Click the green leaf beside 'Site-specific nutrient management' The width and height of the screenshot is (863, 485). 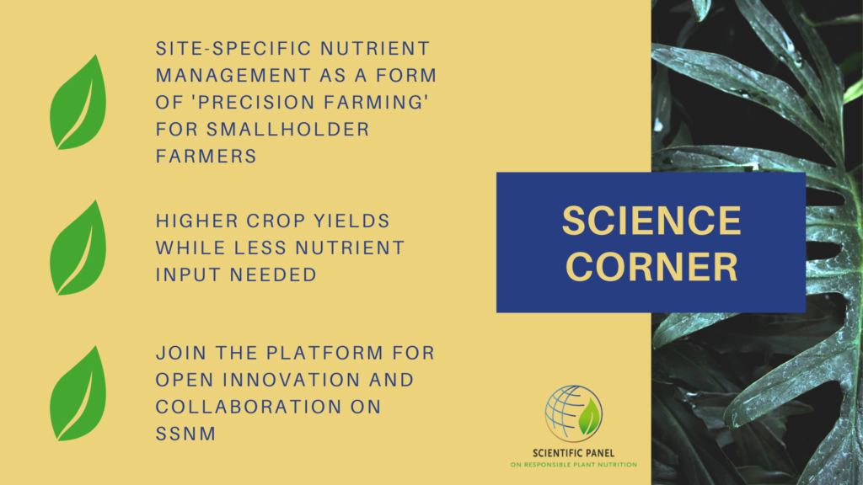77,103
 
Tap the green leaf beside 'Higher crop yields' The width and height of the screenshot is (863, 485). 77,248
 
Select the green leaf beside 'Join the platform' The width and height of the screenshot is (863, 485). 77,393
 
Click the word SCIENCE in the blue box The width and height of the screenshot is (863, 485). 651,221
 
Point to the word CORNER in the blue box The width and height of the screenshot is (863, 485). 651,267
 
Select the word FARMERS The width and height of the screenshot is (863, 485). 206,157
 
